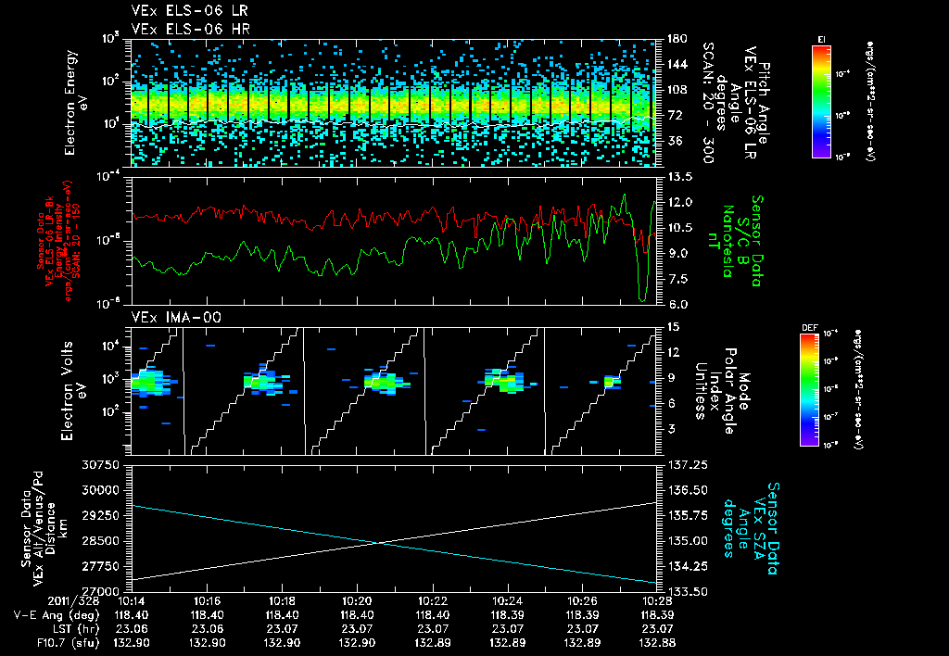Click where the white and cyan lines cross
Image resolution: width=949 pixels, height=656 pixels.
click(x=383, y=543)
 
